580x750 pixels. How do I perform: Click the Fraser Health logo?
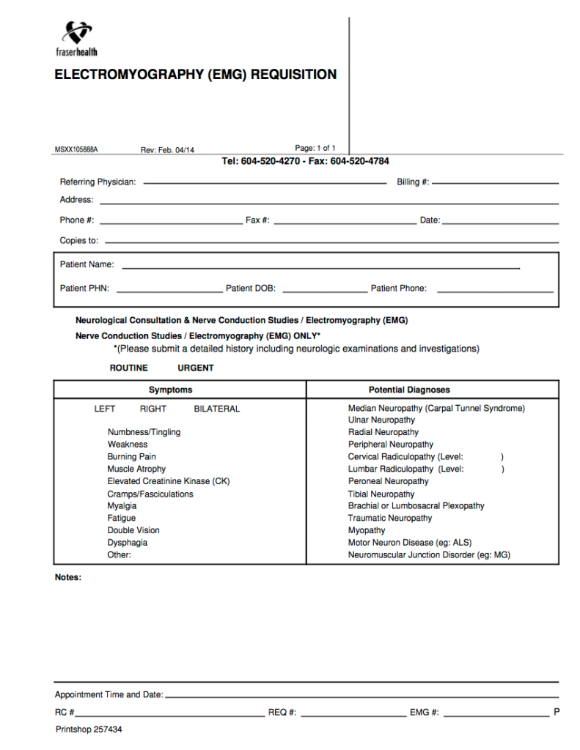pyautogui.click(x=76, y=39)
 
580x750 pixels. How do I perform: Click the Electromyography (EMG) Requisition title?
pyautogui.click(x=195, y=75)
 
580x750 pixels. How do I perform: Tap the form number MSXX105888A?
pyautogui.click(x=76, y=150)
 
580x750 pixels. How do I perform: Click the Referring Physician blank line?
pyautogui.click(x=264, y=182)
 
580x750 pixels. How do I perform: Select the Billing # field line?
pyautogui.click(x=495, y=182)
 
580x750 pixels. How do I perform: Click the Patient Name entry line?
pyautogui.click(x=320, y=267)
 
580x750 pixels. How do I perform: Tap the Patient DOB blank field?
pyautogui.click(x=324, y=291)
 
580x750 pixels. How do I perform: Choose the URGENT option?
pyautogui.click(x=196, y=368)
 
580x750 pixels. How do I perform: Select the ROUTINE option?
pyautogui.click(x=128, y=368)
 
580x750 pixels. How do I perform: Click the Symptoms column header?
pyautogui.click(x=170, y=390)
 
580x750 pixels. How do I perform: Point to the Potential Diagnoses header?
pyautogui.click(x=409, y=390)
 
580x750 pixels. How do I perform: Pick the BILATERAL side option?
pyautogui.click(x=216, y=409)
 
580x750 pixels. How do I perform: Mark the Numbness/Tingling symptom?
pyautogui.click(x=144, y=432)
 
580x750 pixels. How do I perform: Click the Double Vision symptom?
pyautogui.click(x=133, y=530)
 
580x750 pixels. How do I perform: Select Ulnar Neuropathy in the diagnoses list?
pyautogui.click(x=381, y=420)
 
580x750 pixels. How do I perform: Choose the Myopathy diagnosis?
pyautogui.click(x=367, y=530)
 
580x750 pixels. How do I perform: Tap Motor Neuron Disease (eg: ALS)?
pyautogui.click(x=410, y=543)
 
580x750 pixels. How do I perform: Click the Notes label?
pyautogui.click(x=68, y=577)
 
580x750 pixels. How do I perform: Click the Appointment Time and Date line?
pyautogui.click(x=362, y=696)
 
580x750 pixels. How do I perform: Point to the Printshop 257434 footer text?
pyautogui.click(x=89, y=729)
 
